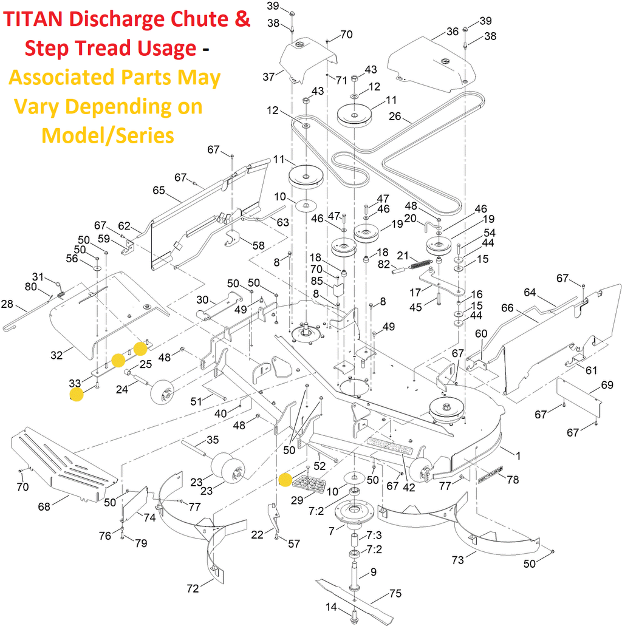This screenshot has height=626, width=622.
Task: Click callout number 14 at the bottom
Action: tap(331, 607)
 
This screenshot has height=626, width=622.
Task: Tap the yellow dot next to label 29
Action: tap(285, 480)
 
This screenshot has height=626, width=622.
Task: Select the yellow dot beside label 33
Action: tap(77, 395)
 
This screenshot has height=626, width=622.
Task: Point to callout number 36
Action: tap(452, 32)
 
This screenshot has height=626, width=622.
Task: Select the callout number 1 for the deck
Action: tap(518, 455)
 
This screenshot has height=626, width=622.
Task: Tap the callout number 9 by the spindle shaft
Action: tap(374, 571)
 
